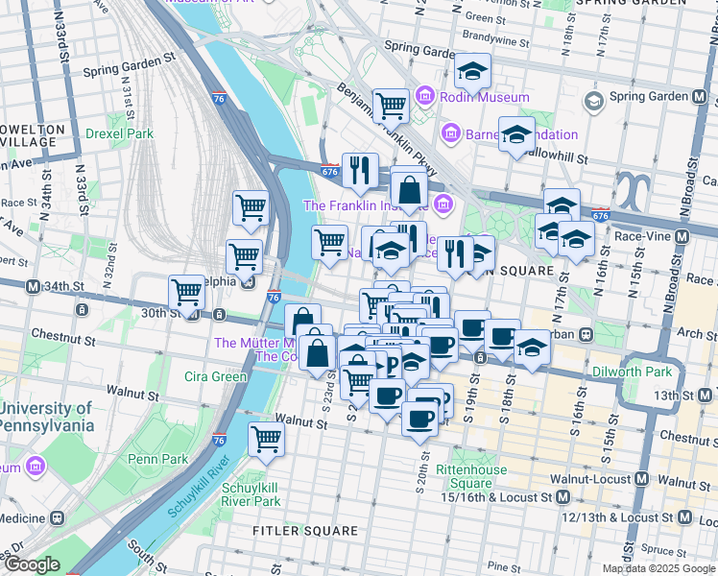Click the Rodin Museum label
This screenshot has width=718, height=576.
(485, 97)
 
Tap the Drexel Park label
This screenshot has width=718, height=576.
(119, 133)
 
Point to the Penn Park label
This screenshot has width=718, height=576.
(163, 459)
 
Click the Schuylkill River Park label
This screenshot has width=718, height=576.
(251, 493)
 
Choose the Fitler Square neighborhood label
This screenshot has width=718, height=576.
(304, 530)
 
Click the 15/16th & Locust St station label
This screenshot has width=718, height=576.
(495, 497)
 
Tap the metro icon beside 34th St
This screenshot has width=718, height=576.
(33, 286)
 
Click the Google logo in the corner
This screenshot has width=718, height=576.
(31, 564)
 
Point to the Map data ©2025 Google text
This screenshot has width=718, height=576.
(658, 568)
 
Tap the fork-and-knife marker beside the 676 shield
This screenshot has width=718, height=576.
(360, 169)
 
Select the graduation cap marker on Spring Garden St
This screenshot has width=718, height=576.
(472, 70)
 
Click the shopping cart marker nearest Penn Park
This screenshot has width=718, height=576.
(266, 440)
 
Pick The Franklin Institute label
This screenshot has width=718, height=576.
(366, 205)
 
